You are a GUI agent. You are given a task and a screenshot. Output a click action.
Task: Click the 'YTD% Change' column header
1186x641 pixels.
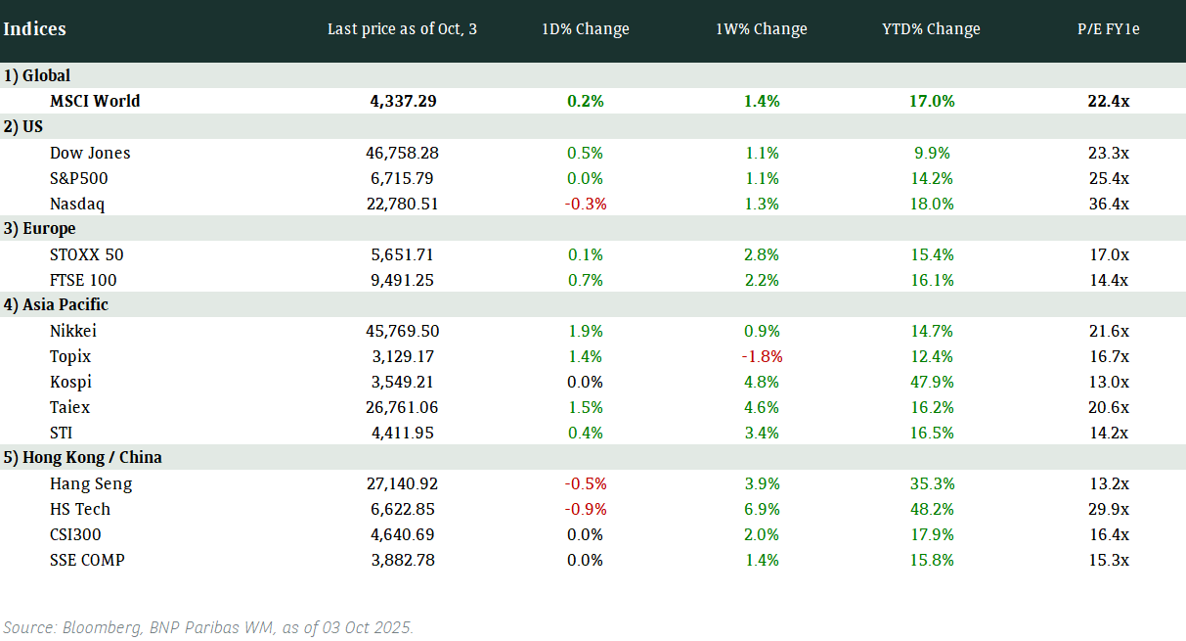pos(931,29)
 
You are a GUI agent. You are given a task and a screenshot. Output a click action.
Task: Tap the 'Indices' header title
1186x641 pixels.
pos(34,29)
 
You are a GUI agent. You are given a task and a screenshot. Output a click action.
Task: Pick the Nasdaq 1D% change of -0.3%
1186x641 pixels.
pos(586,204)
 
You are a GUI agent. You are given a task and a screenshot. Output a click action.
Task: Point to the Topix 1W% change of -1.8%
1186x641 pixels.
pos(762,356)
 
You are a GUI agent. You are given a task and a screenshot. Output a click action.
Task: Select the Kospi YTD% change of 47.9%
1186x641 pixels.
pos(931,382)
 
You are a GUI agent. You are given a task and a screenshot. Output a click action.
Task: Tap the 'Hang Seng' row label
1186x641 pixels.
pos(91,483)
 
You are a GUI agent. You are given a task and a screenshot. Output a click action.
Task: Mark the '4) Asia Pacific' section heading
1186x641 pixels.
pos(56,304)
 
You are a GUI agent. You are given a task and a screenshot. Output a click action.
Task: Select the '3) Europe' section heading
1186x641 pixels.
pos(39,228)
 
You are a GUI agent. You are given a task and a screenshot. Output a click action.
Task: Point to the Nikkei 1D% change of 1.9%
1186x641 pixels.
pos(586,331)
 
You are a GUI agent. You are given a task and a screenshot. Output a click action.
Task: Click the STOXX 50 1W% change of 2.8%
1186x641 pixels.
pos(762,254)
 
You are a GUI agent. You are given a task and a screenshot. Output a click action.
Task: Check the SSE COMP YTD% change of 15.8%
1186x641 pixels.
pos(931,560)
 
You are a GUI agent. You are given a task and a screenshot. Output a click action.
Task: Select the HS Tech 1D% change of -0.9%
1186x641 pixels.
pos(586,509)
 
